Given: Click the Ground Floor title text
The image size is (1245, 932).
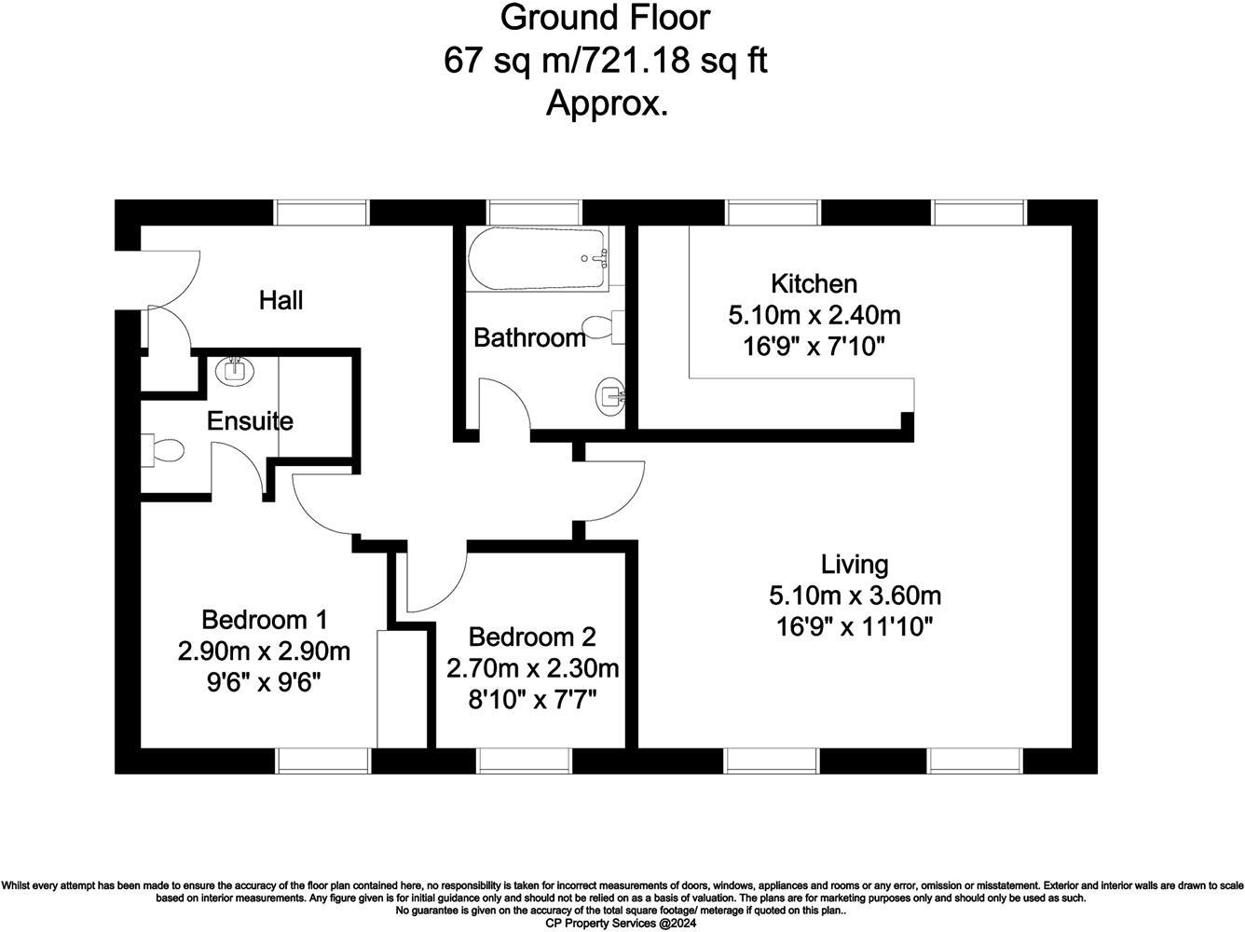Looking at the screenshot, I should (x=605, y=17).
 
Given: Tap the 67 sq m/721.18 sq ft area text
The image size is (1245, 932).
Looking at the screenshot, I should (x=605, y=61).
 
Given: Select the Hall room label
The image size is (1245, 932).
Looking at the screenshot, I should (x=280, y=300).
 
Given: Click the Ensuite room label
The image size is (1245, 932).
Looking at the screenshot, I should (x=250, y=421).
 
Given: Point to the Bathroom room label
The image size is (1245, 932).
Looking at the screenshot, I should (x=529, y=337).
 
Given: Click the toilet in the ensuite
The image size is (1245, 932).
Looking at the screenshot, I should (x=163, y=450).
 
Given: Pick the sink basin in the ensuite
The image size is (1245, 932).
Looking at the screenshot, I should (x=234, y=371).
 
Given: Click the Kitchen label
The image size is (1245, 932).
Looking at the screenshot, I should (x=814, y=283).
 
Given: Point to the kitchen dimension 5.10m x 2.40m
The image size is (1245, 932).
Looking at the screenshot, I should (x=814, y=315).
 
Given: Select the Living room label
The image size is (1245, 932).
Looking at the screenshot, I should (x=854, y=564).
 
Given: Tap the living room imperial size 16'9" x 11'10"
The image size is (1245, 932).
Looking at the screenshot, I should (x=854, y=627).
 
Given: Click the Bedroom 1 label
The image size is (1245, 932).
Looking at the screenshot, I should (x=264, y=619).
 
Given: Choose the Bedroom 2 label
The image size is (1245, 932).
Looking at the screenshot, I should (x=532, y=637).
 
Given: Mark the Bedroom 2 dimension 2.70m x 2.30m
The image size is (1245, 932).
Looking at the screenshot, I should (x=532, y=668).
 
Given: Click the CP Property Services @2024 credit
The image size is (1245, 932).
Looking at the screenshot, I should (x=621, y=923).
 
